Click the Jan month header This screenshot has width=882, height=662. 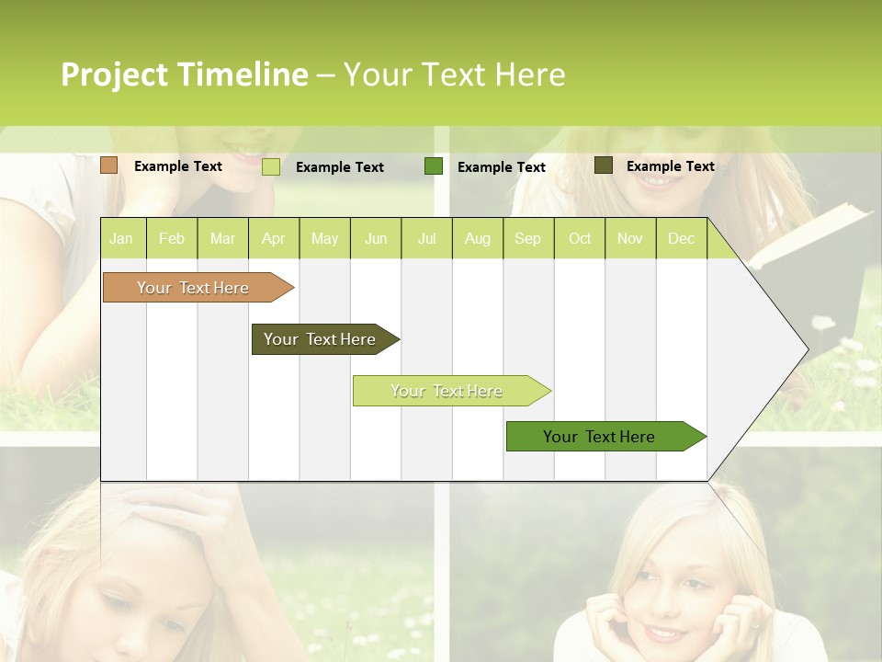(x=121, y=238)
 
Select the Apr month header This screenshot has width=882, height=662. (x=273, y=238)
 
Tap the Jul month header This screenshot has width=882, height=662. (x=426, y=238)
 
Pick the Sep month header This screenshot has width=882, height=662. (x=527, y=238)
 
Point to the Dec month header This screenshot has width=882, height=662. (x=681, y=238)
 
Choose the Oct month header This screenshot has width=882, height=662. (x=580, y=238)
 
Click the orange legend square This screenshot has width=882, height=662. (x=109, y=165)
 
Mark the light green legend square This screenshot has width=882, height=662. (x=271, y=166)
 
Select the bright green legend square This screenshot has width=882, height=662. (x=434, y=166)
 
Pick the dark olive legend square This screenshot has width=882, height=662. (x=604, y=165)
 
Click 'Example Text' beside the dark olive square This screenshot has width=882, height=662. (x=670, y=165)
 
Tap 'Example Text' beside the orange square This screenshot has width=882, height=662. (x=177, y=165)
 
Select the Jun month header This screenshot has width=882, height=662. (x=376, y=238)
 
